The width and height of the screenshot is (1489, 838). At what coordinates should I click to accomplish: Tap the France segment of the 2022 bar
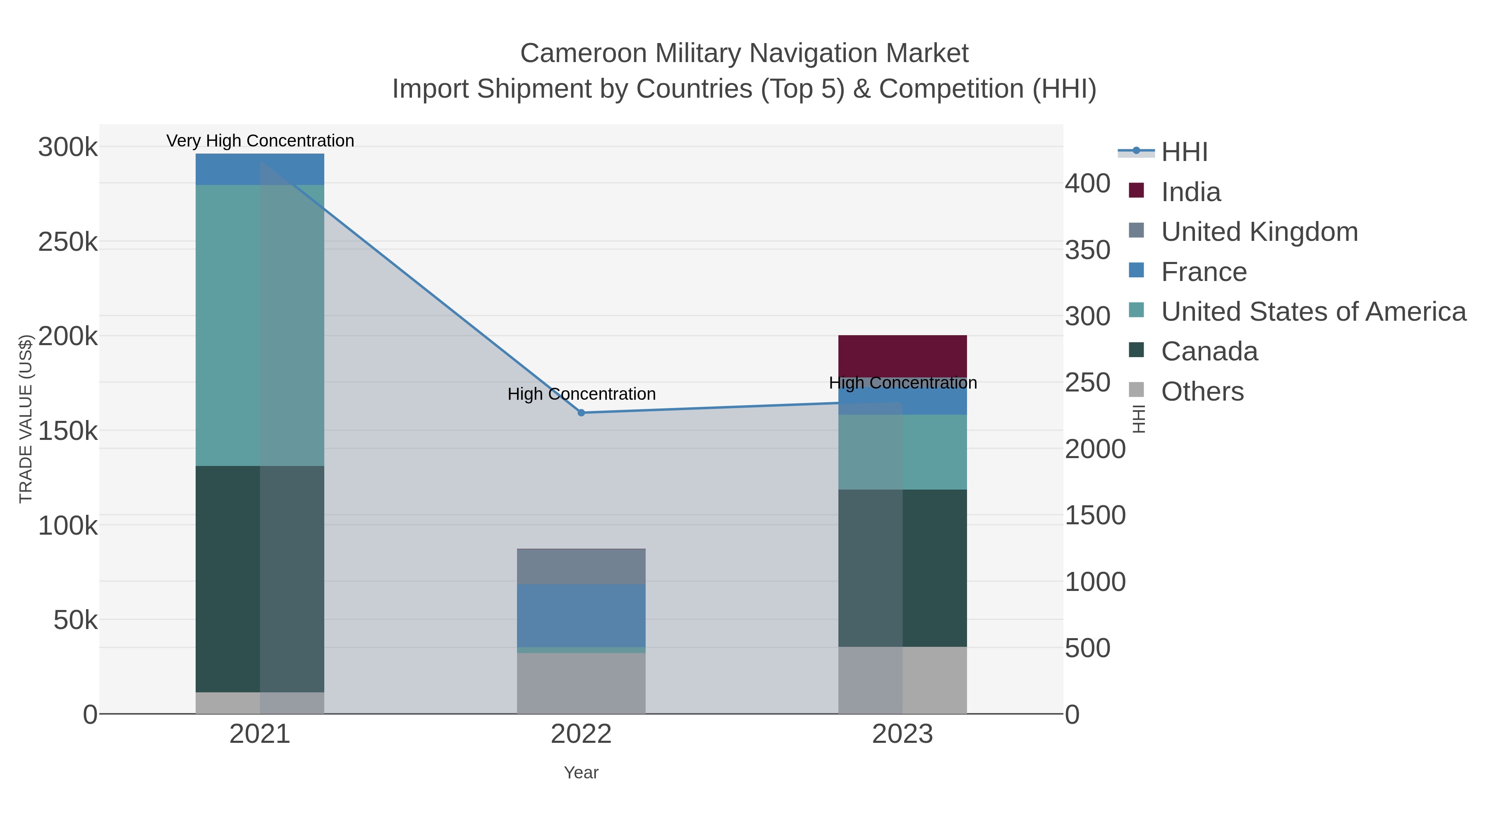click(x=581, y=615)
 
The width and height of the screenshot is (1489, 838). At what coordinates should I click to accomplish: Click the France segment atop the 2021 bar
click(x=259, y=169)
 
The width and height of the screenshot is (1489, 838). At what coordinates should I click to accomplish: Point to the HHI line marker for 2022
click(x=582, y=412)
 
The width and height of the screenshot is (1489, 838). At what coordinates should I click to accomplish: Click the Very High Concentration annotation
click(x=260, y=141)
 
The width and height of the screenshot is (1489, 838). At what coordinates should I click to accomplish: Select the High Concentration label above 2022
click(x=582, y=394)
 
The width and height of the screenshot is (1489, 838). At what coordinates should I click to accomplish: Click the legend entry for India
click(x=1191, y=192)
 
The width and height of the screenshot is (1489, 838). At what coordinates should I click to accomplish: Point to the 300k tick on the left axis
click(x=68, y=147)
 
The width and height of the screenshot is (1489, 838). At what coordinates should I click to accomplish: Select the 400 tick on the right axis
click(x=1088, y=183)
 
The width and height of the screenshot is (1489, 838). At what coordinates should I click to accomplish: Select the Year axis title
click(x=581, y=772)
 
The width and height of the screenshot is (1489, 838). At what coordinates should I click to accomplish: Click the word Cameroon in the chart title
click(x=583, y=53)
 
